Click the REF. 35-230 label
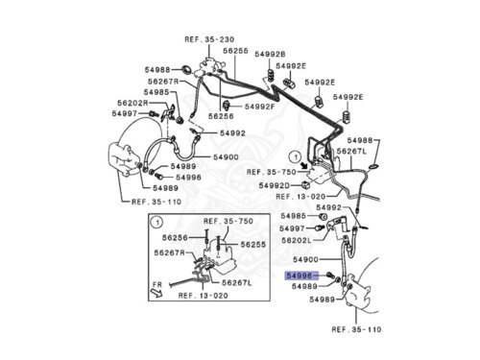tap(209, 39)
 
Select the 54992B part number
tap(270, 54)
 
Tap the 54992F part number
tap(260, 107)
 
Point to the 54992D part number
tap(274, 185)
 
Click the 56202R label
tap(132, 103)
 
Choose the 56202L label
tap(297, 240)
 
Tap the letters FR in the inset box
tap(157, 284)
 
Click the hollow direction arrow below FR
tap(156, 293)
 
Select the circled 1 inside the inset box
tap(156, 223)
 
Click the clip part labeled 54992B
tap(271, 76)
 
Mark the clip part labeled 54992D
tap(305, 184)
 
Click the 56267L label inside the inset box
tap(237, 283)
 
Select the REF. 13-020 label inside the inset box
tap(204, 296)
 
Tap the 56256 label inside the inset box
tap(175, 238)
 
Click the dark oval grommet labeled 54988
tap(186, 69)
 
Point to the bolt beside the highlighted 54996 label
tap(330, 275)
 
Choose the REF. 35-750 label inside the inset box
tap(228, 221)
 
